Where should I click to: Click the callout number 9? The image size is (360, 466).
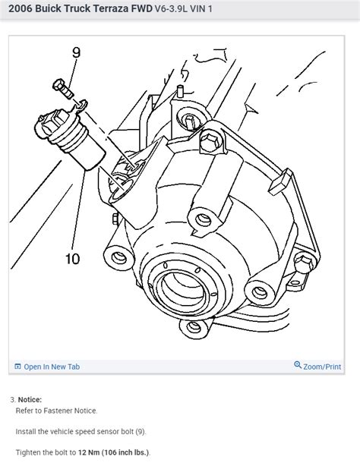[x=75, y=53]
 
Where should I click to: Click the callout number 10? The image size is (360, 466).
[x=72, y=259]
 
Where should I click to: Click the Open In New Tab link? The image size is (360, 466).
[x=52, y=367]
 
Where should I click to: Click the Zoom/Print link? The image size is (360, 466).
[x=322, y=367]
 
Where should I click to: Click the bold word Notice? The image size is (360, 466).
[x=30, y=399]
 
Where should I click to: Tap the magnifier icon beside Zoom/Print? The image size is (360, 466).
[x=298, y=367]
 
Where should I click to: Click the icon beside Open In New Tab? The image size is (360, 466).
[x=17, y=367]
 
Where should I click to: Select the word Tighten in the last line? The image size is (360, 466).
[x=30, y=452]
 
